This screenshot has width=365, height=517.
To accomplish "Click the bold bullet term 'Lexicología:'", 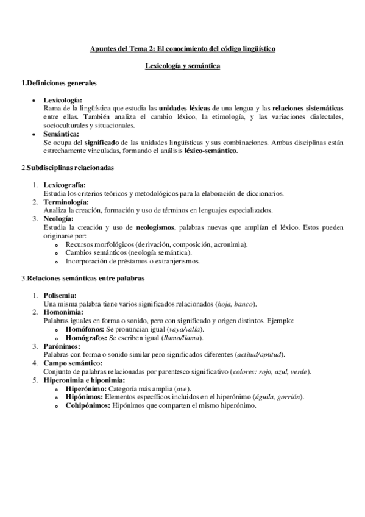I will tap(63, 99).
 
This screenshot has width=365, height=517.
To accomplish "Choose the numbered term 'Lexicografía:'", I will tap(65, 185).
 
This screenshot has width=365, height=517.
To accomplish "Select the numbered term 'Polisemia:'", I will tap(60, 296).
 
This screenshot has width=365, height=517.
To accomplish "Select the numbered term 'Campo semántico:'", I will tap(73, 364).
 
